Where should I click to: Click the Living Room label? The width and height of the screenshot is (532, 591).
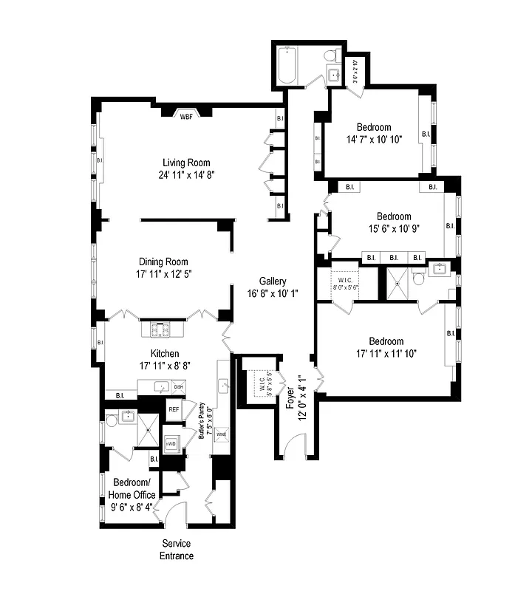186,163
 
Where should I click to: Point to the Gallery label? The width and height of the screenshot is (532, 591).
273,281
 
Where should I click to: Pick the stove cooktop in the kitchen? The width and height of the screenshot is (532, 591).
161,329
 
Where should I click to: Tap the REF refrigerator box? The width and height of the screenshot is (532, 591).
174,409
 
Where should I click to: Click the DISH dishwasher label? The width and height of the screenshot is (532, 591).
178,386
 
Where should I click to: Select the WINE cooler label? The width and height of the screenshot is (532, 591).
221,435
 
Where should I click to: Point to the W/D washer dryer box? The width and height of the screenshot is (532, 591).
171,443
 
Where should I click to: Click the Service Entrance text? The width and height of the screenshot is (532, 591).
178,549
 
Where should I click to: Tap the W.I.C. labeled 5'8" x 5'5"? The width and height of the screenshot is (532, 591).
261,384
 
